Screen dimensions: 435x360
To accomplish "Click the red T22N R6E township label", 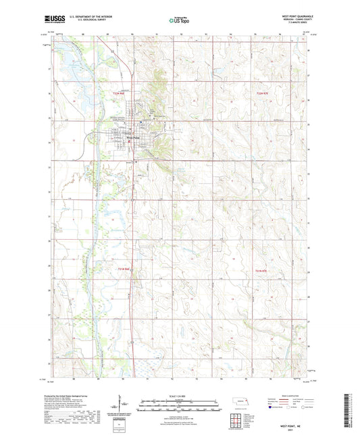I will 120,93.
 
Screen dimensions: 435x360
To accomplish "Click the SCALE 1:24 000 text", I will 180,395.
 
